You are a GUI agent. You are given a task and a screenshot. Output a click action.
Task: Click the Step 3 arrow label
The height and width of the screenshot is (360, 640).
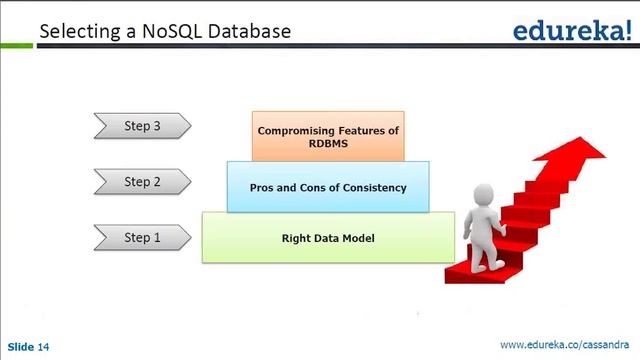pyautogui.click(x=141, y=127)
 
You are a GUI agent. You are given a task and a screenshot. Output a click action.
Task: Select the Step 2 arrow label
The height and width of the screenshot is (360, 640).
pyautogui.click(x=141, y=182)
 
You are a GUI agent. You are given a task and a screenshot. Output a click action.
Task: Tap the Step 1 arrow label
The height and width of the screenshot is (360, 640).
pyautogui.click(x=141, y=238)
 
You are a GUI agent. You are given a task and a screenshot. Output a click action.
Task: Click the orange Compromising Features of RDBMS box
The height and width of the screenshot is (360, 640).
pyautogui.click(x=328, y=137)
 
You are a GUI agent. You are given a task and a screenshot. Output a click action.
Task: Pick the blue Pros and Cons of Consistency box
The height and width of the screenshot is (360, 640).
pyautogui.click(x=328, y=187)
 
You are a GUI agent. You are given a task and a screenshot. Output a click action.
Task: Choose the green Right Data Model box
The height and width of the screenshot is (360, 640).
pyautogui.click(x=328, y=238)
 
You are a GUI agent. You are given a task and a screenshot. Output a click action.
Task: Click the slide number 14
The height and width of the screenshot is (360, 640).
pyautogui.click(x=43, y=347)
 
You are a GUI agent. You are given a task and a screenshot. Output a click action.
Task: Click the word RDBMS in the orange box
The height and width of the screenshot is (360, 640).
pyautogui.click(x=328, y=144)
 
